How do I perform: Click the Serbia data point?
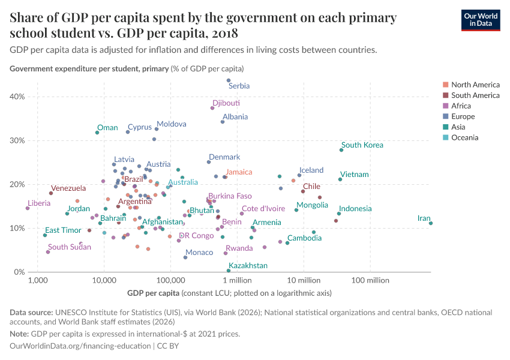[229, 80]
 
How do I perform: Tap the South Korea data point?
[341, 150]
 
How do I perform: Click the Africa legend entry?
[462, 106]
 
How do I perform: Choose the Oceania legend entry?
[466, 138]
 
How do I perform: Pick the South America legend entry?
[475, 95]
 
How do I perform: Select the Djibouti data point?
[212, 108]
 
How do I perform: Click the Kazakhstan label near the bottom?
[248, 265]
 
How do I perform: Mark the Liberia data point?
[28, 208]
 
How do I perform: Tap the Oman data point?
[97, 133]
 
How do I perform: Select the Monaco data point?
[185, 257]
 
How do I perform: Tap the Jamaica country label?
[239, 172]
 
